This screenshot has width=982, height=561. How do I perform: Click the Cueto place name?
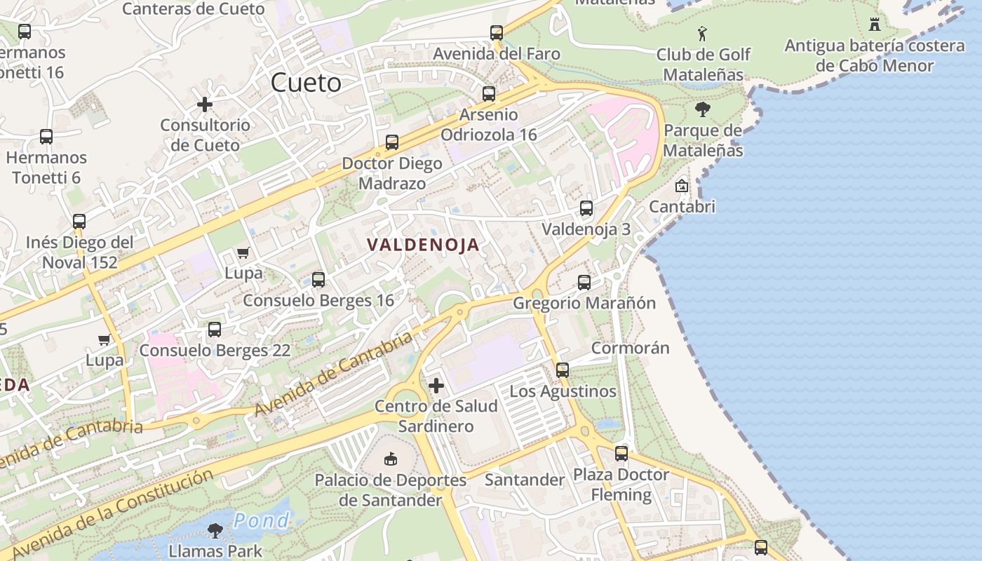coord(306,83)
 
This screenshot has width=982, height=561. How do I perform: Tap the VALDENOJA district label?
coord(423,245)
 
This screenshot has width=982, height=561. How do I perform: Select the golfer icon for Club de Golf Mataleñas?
coord(702,33)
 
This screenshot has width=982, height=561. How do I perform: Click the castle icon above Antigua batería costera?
coord(874,25)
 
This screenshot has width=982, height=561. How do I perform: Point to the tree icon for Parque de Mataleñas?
coord(702,109)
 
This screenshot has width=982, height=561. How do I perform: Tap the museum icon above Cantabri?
coord(681,186)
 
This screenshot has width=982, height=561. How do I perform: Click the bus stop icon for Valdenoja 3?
coord(586,208)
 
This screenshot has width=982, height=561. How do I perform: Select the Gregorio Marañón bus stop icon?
coord(584,283)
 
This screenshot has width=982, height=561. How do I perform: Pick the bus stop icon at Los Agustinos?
coord(563,370)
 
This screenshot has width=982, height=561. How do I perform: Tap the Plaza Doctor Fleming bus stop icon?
coord(621,454)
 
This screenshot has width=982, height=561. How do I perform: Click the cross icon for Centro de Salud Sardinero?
coord(436,385)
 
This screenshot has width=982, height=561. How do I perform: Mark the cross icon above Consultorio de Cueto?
coord(205,104)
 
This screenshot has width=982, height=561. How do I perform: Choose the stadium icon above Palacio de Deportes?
coord(391,459)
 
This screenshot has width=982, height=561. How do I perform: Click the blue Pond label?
coord(262,520)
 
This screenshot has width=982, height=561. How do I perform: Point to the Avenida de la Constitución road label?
coord(112,513)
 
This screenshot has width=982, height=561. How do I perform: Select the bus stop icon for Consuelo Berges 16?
coord(318,280)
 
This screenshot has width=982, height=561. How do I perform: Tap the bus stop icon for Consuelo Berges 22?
coord(215,330)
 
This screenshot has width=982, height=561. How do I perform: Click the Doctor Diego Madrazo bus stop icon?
coord(392,142)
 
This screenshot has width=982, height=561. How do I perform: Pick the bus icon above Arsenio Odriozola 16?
coord(489,93)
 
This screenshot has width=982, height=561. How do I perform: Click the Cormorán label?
coord(630,348)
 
